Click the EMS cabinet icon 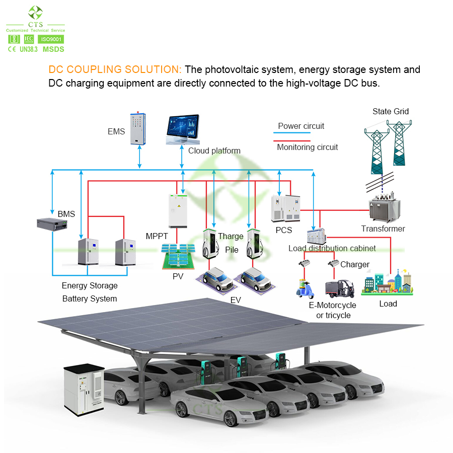click(x=141, y=128)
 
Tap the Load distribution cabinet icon click(x=316, y=236)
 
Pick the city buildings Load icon click(x=388, y=282)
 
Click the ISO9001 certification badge click(x=51, y=39)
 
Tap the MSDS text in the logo click(x=53, y=49)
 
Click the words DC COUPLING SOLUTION click(x=115, y=69)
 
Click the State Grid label click(x=391, y=111)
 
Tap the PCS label click(x=284, y=230)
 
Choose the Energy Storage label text click(x=90, y=285)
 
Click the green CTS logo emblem click(x=35, y=13)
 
